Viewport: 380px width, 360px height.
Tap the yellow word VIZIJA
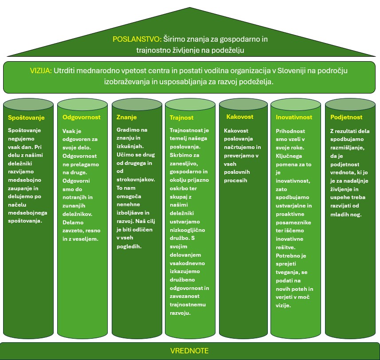coord(41,70)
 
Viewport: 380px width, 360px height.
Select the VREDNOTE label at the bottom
coord(189,351)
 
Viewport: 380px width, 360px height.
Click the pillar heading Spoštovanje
coord(26,117)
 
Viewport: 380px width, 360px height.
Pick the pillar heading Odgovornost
coord(82,117)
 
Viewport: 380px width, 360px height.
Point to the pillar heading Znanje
coord(126,117)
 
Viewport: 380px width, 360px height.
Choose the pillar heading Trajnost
coord(181,118)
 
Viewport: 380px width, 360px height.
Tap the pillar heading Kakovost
coord(239,117)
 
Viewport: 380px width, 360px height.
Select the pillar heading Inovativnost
coord(294,117)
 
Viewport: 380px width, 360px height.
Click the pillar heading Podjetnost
coord(346,117)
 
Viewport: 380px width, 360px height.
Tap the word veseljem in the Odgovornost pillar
coord(87,239)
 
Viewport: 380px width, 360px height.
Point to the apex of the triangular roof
coord(190,8)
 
